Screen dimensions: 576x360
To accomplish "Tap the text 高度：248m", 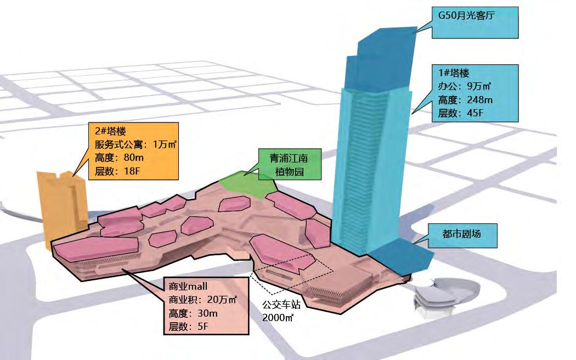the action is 465,100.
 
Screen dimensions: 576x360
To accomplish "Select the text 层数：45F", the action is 460,114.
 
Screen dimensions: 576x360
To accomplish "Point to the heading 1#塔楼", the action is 454,73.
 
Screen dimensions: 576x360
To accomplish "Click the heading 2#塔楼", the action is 110,132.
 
